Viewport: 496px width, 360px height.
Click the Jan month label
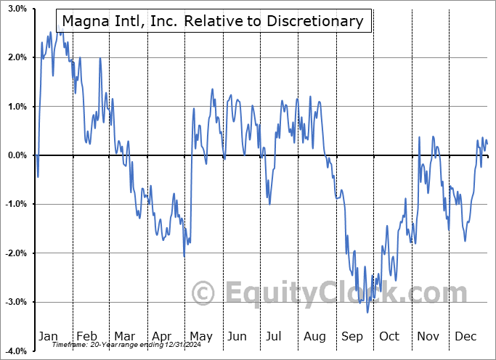click(47, 336)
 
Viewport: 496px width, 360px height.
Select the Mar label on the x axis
click(125, 336)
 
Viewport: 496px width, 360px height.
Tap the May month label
click(200, 336)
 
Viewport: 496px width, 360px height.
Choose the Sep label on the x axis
click(353, 336)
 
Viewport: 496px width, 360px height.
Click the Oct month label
click(390, 336)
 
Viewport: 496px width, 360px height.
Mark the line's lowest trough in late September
click(367, 313)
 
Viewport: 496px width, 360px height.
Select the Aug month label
click(315, 336)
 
